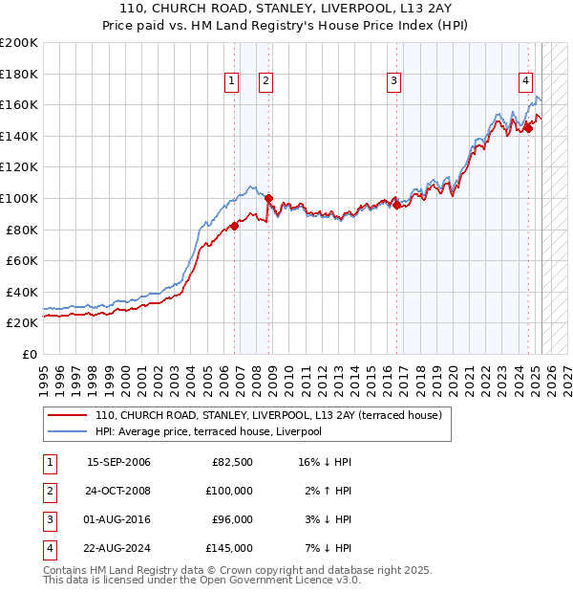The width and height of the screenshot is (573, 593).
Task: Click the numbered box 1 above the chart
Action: (232, 82)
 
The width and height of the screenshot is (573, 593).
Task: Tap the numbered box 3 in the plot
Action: (393, 82)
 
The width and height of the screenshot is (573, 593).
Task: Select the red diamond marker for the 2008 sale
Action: (268, 199)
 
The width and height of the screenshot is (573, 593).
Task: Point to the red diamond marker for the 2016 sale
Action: (396, 205)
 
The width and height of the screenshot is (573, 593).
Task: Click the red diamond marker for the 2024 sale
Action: (528, 128)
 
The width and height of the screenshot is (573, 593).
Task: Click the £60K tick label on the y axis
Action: (22, 260)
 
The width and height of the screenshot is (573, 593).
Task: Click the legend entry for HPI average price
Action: (208, 431)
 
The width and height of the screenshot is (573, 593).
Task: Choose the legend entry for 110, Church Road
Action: (267, 416)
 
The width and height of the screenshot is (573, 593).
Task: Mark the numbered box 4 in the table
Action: (49, 549)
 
